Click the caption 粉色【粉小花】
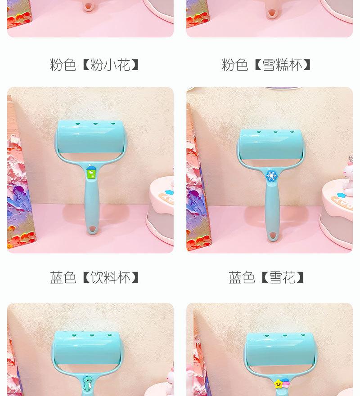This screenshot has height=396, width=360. pos(95,65)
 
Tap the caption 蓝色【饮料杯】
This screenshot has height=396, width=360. pos(95,277)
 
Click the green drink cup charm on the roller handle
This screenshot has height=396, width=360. pos(91,172)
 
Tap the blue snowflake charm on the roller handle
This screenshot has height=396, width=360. pos(271,175)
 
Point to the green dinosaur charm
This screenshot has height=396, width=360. pos(89,383)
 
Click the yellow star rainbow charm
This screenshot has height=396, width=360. pos(279,383)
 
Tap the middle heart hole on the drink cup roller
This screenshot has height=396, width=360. pos(95,122)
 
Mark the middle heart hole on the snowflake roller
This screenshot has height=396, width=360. pos(275,132)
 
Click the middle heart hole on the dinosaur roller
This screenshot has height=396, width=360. pos(91,335)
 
